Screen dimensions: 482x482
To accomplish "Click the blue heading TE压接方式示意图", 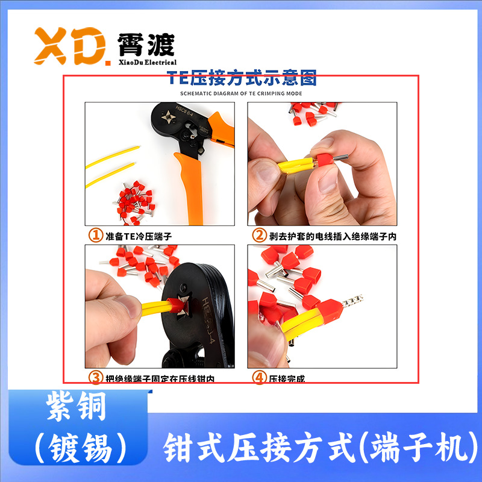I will click(x=241, y=78).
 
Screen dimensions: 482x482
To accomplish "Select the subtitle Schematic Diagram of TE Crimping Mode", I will click(x=241, y=94).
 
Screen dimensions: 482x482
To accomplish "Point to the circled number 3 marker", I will click(x=95, y=378).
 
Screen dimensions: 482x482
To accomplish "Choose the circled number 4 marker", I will click(x=258, y=378).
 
